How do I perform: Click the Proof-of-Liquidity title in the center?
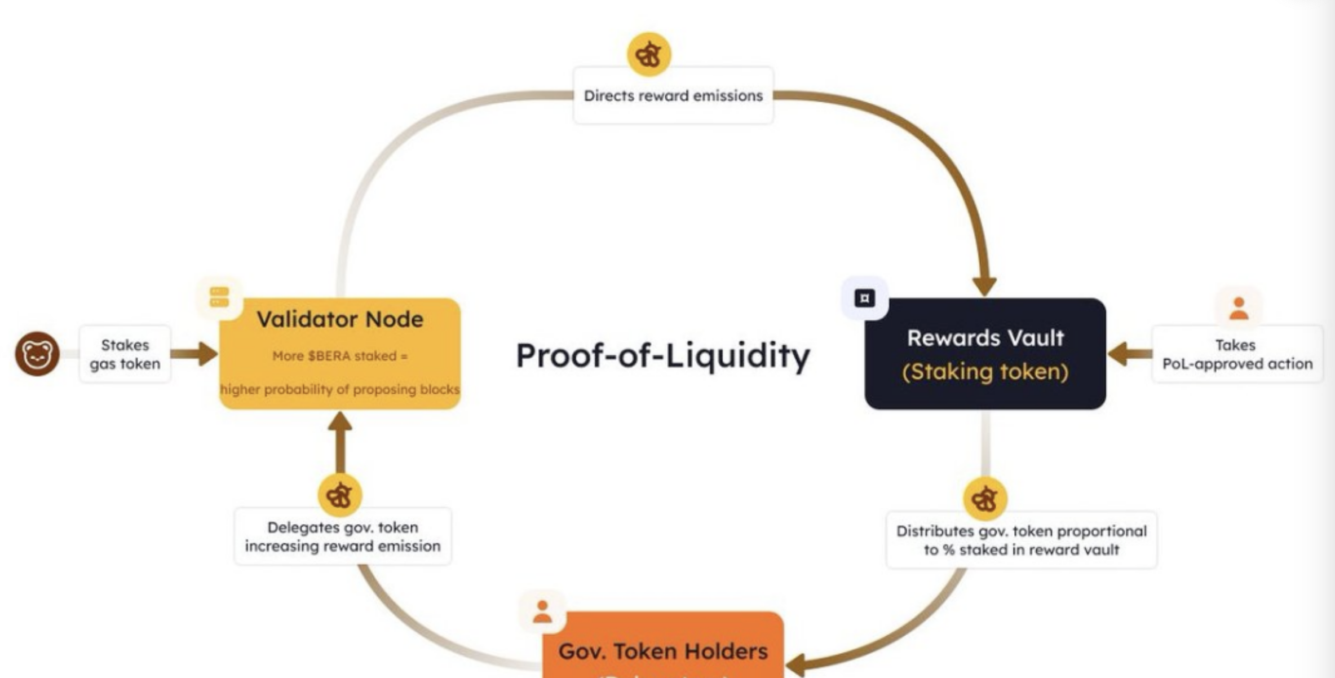coord(663,355)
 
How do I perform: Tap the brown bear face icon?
coord(37,354)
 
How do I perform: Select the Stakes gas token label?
coord(125,354)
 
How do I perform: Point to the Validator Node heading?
coord(340,319)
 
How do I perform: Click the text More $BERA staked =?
coord(340,356)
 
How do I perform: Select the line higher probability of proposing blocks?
coord(340,389)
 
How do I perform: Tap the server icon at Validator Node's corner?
coord(219,297)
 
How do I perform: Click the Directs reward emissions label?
coord(673,96)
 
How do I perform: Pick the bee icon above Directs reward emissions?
coord(649,54)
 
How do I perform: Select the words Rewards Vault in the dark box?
coord(985,338)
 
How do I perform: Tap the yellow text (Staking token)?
coord(985,372)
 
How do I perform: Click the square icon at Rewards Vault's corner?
coord(865,298)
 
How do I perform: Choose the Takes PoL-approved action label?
coord(1237,354)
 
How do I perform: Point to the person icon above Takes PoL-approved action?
coord(1239,309)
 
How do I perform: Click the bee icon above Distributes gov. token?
coord(985,499)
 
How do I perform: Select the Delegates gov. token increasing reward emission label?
coord(343,536)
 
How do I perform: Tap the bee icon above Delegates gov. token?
coord(340,496)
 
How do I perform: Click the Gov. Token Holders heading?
coord(663,651)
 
